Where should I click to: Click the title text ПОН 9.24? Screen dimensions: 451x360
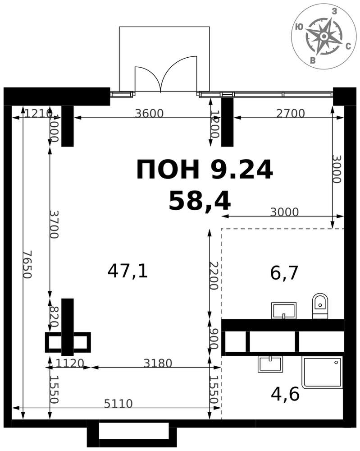tap(205, 170)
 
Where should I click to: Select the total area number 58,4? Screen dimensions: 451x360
tap(200, 201)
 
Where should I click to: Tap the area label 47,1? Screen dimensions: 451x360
tap(128, 271)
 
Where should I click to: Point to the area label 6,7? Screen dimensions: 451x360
tap(284, 273)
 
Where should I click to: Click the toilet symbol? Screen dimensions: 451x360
tap(320, 306)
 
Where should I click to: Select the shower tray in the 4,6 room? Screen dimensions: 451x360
tap(322, 372)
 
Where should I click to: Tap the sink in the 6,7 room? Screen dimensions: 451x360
tap(283, 310)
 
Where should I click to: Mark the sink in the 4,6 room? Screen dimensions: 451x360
tap(270, 364)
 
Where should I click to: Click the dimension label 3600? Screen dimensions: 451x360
tap(149, 114)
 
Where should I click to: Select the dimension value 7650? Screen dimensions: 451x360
tap(27, 264)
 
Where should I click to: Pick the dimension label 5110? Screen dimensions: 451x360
tap(118, 404)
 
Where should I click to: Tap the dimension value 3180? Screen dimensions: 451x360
tap(158, 363)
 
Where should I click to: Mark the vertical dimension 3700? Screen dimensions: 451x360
tap(54, 224)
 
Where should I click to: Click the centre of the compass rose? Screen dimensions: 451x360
tap(323, 35)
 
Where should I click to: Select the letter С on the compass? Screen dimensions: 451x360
tap(348, 46)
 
